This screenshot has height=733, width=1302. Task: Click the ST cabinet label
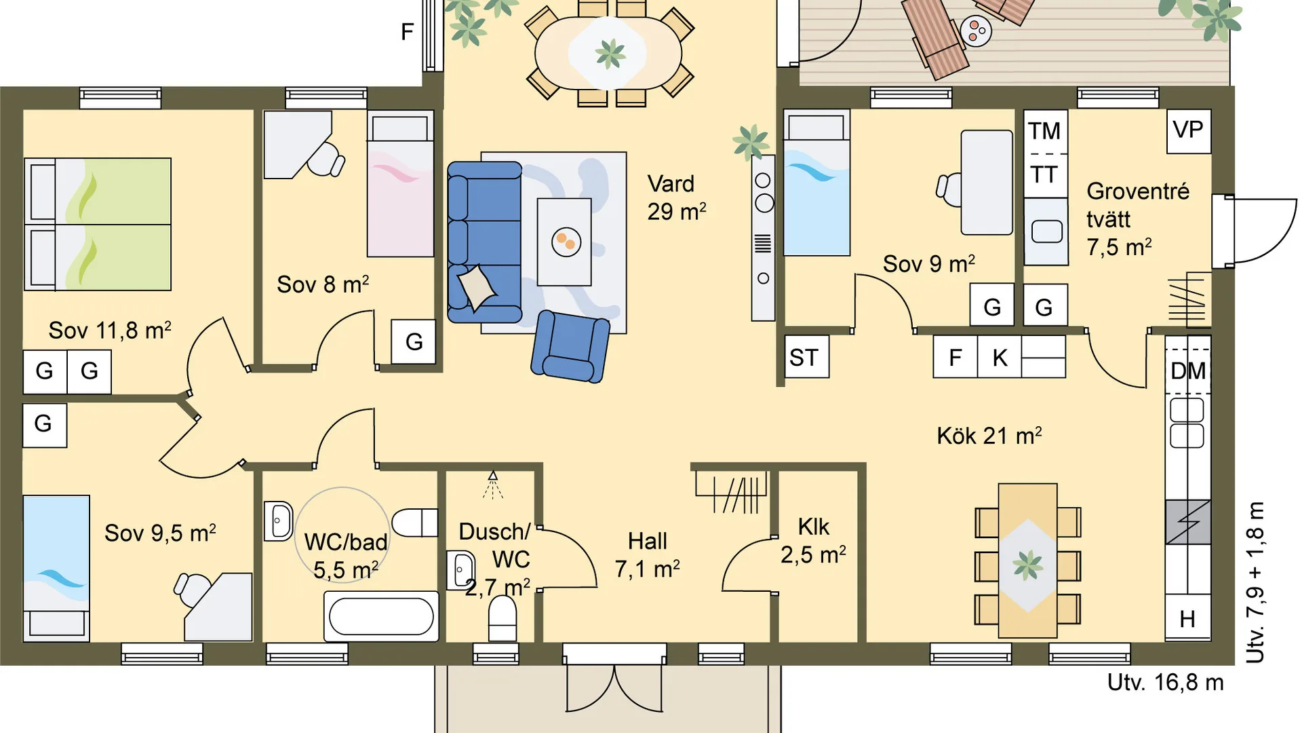pos(804,357)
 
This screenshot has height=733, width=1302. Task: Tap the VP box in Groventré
pos(1188,131)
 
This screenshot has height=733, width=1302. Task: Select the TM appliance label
pos(1044,131)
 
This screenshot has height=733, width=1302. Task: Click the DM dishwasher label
pos(1188,371)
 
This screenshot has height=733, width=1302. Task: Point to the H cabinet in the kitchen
pos(1187,618)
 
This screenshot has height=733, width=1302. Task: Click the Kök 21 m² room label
pos(989,435)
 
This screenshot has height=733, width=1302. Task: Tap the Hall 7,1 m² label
pos(648,555)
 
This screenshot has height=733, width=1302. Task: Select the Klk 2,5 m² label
pos(813,541)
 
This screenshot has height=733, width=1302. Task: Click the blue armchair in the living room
pos(570,345)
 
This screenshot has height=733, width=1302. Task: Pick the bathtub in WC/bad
pos(381,616)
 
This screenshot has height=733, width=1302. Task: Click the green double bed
pos(98,224)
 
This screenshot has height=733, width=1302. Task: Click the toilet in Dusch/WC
pos(502,618)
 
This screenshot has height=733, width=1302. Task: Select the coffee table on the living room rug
pos(564,242)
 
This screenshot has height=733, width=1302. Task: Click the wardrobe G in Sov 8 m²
pos(414,341)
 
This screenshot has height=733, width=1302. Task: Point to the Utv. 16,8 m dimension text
pos(1166,682)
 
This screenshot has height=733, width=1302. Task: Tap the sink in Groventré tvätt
pos(1046,231)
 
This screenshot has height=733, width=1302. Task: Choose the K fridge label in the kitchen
pos(1000,358)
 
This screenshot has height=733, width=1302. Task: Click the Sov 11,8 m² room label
pos(110,331)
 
